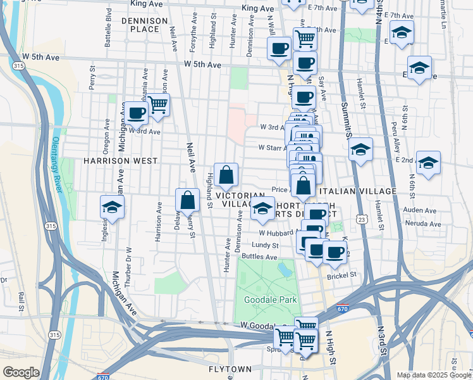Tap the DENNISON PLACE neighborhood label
pyautogui.click(x=149, y=25)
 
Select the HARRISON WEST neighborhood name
pyautogui.click(x=120, y=161)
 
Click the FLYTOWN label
pyautogui.click(x=230, y=369)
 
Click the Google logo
pyautogui.click(x=21, y=372)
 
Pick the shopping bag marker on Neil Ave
pyautogui.click(x=188, y=200)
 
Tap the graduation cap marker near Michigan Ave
pyautogui.click(x=112, y=207)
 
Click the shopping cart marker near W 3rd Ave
pyautogui.click(x=157, y=104)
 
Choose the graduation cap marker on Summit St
pyautogui.click(x=360, y=149)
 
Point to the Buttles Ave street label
pyautogui.click(x=259, y=257)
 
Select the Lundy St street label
pyautogui.click(x=265, y=245)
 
